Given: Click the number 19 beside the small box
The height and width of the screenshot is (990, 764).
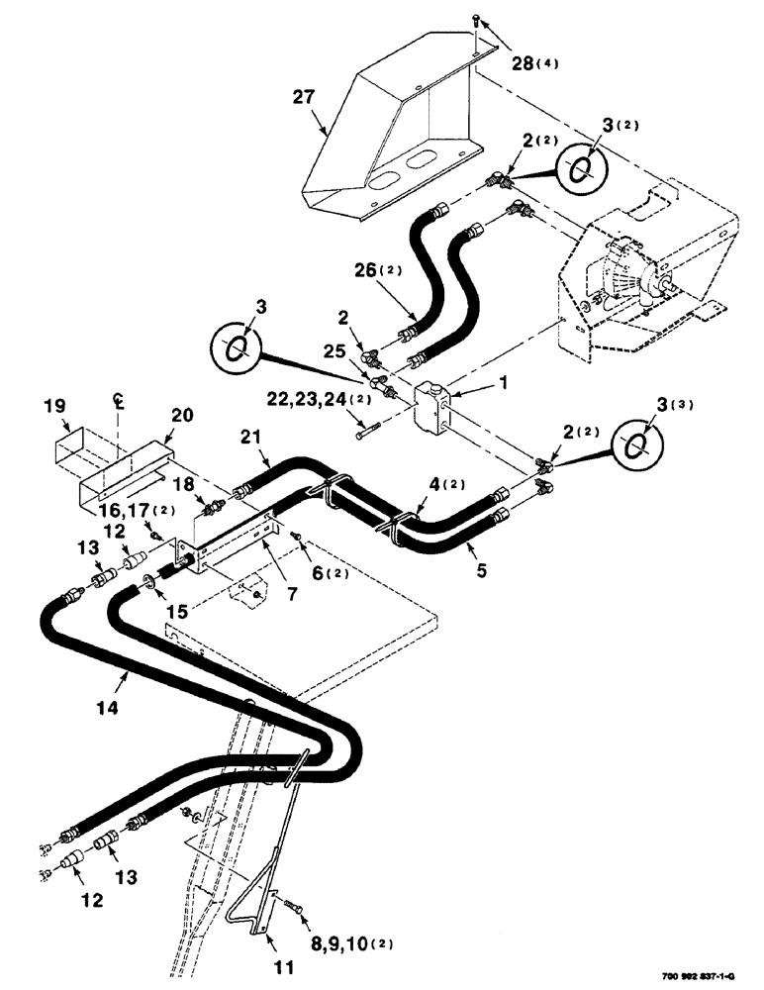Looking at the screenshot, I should coord(56,406).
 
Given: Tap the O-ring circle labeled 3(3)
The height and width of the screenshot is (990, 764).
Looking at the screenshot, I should coord(634,443).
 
